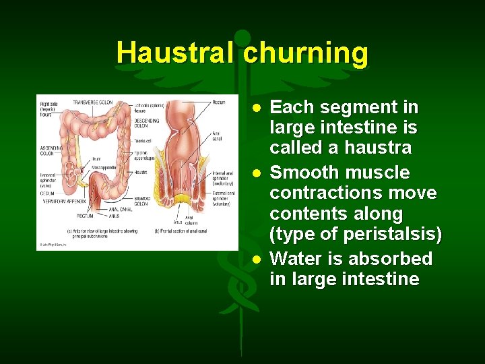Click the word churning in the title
[306, 53]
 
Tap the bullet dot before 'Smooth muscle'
[257, 173]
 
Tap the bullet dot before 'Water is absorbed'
[257, 260]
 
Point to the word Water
[296, 259]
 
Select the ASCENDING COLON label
[52, 150]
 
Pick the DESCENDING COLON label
[146, 123]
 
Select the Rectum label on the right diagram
[218, 102]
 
